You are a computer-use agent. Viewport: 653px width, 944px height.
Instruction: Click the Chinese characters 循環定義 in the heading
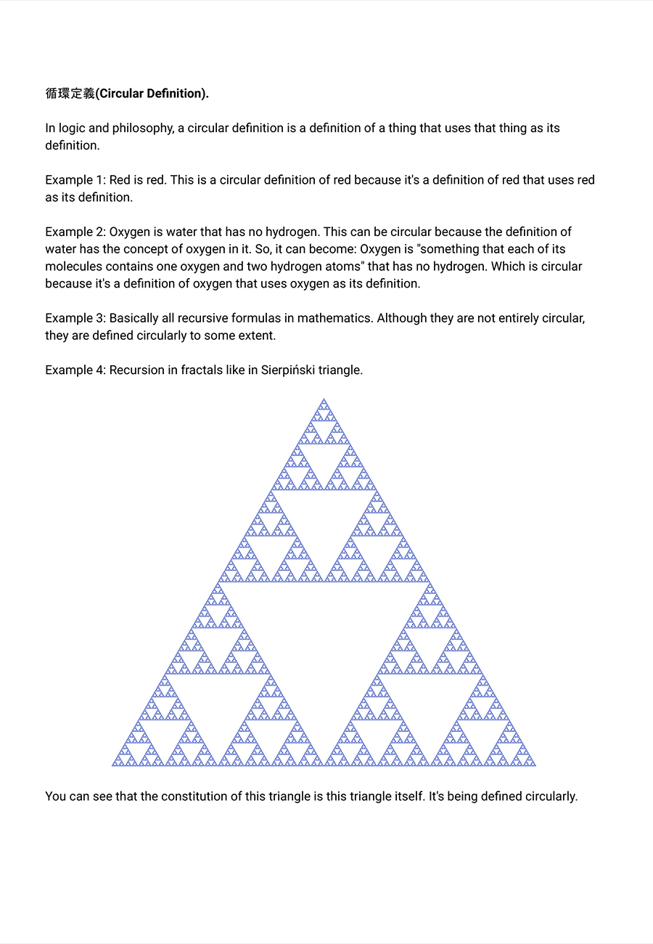pos(70,94)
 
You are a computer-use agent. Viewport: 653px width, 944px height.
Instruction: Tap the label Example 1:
pos(75,180)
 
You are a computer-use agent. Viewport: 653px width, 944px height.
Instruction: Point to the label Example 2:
pos(75,232)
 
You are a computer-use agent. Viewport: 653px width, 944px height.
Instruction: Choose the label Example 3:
pos(75,318)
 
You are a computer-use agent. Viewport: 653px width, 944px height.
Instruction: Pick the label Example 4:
pos(75,370)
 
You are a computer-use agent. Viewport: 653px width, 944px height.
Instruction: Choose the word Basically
pos(135,318)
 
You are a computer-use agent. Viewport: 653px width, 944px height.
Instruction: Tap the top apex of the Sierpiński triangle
pos(324,399)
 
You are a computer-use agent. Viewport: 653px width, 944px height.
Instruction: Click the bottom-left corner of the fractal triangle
pos(114,764)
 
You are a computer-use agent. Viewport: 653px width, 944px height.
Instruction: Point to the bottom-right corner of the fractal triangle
pos(534,764)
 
